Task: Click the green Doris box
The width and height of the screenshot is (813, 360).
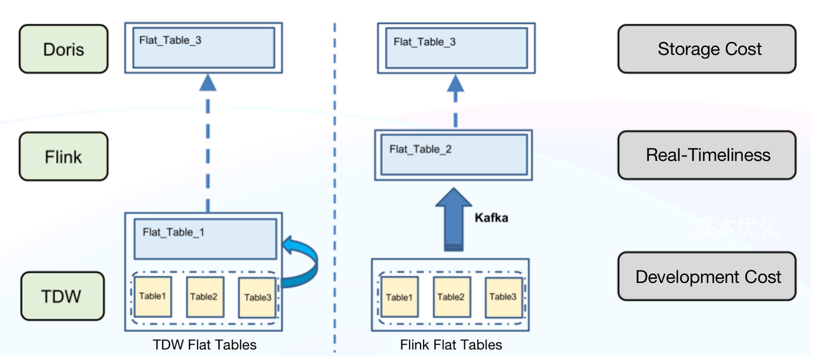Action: pos(64,49)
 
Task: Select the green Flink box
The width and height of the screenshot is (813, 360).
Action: pos(64,156)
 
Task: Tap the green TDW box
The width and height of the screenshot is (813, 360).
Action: pos(62,296)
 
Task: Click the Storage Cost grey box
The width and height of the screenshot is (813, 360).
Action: pos(706,49)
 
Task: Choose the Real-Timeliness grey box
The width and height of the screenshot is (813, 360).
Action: pos(706,155)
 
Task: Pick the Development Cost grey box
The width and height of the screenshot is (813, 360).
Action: pos(706,277)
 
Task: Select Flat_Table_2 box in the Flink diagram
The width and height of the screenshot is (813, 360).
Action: pos(452,154)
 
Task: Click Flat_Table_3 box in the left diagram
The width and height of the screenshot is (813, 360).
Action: pos(203,48)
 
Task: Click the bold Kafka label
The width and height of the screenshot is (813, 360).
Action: pos(491,218)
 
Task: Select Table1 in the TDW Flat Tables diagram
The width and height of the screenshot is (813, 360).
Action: pos(152,297)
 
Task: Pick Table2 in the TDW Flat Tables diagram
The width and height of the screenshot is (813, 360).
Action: pos(205,297)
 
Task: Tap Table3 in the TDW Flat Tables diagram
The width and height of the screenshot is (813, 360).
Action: pos(257,297)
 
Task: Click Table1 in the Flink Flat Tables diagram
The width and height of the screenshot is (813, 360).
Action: pos(399,297)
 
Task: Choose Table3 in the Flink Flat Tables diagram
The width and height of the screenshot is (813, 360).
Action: pos(503,297)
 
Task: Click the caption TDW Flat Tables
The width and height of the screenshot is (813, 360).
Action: pos(205,345)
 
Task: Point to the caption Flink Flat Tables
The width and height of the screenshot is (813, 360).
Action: pos(451,345)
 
